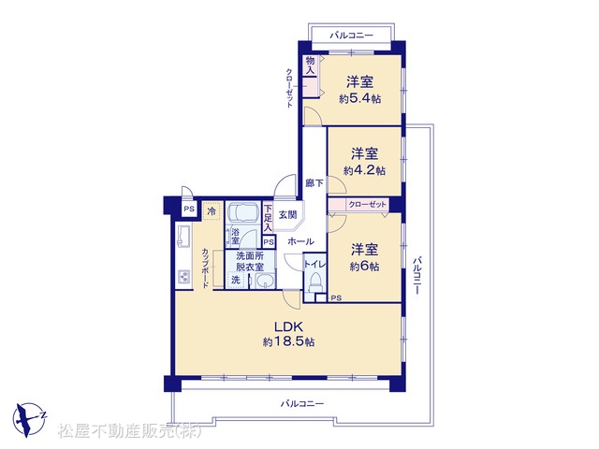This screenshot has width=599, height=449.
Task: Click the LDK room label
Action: (288, 326)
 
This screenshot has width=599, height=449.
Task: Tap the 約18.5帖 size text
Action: (288, 341)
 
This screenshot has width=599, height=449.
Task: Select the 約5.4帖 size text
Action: (359, 99)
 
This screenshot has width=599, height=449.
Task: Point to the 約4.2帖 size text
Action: (364, 170)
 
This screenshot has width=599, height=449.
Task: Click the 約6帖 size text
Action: (364, 266)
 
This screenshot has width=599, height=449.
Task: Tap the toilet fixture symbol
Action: (315, 282)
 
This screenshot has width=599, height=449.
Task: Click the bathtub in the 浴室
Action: (242, 212)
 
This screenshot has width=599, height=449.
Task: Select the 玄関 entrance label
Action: (287, 215)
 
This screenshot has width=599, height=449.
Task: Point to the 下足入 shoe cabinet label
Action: (269, 218)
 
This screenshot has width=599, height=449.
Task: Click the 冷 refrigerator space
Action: (212, 211)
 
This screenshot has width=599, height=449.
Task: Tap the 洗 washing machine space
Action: (236, 280)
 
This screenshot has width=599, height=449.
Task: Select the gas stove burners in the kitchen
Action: (184, 277)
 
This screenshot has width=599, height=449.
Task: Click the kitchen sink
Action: (183, 235)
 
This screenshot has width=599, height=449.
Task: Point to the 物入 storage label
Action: (310, 65)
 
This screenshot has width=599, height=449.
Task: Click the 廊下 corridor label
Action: (314, 183)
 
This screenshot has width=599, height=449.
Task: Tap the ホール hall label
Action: (301, 241)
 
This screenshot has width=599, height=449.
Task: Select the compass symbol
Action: (29, 419)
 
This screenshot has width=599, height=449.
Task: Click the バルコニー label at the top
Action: (352, 36)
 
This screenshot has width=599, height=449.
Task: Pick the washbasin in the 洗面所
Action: (264, 281)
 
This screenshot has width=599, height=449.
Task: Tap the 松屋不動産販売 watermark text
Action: (129, 431)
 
